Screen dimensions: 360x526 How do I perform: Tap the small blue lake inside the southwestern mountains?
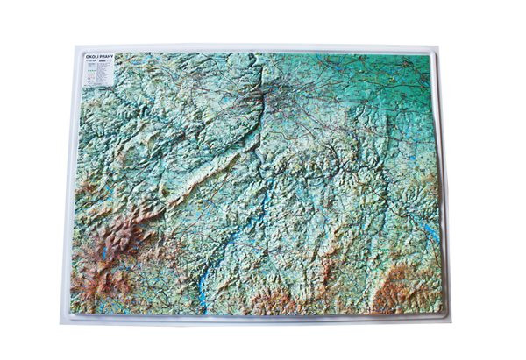tap(104, 253)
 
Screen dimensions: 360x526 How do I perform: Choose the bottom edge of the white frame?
tap(263, 320)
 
